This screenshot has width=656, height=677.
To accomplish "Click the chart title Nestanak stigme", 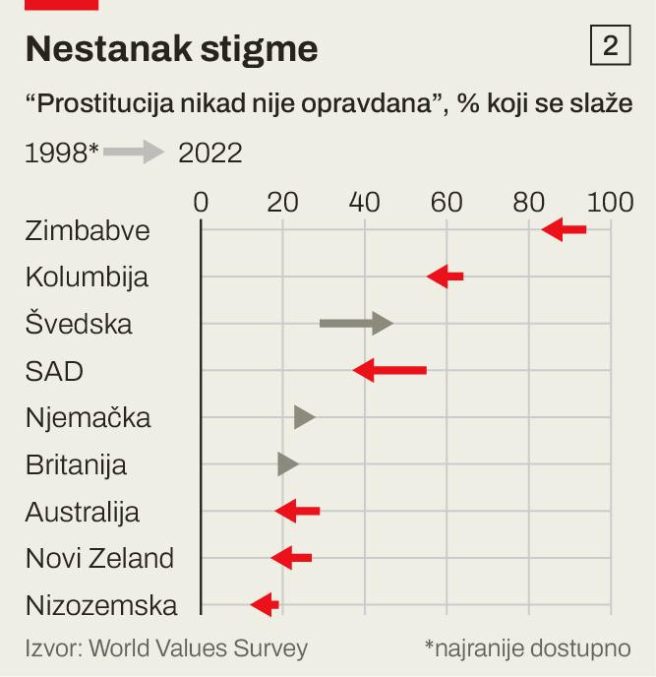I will (x=171, y=47).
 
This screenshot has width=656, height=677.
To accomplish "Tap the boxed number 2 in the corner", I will (x=610, y=46).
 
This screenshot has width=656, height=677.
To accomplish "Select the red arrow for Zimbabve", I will (x=564, y=229).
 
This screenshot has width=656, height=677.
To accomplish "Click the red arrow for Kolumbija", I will (x=445, y=277).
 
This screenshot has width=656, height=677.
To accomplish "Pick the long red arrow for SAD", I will (x=389, y=370).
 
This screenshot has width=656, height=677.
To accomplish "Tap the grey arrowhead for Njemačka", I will (x=304, y=417).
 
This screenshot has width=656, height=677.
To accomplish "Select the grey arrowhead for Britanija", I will (x=287, y=463).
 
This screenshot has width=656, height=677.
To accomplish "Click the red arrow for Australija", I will (x=297, y=511).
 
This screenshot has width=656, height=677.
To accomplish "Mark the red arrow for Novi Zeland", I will (x=291, y=558).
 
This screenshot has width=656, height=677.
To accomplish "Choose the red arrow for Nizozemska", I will (x=264, y=604).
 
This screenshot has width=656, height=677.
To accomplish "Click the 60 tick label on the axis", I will (x=447, y=203).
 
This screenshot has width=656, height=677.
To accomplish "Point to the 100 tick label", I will (x=610, y=203).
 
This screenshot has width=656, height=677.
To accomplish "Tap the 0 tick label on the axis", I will (x=201, y=203).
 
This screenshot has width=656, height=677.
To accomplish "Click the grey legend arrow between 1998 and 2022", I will (x=134, y=153).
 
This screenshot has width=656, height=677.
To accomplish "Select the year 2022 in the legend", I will (x=209, y=154).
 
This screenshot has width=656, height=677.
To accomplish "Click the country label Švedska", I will (x=79, y=324).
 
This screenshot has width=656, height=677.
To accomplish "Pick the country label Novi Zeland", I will (x=99, y=558).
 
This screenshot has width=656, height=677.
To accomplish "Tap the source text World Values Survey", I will (x=166, y=647).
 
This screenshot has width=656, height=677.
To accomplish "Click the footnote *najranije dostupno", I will (x=527, y=647).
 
